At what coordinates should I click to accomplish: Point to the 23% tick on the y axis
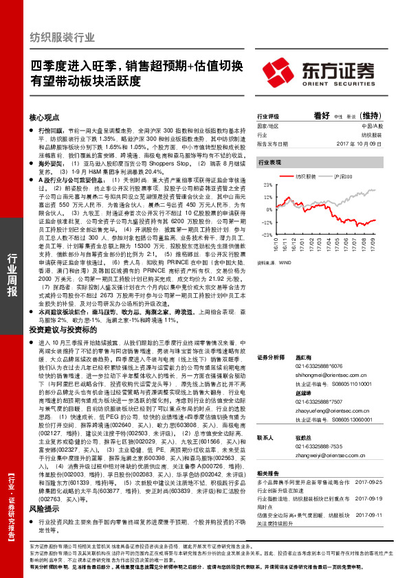265,185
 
